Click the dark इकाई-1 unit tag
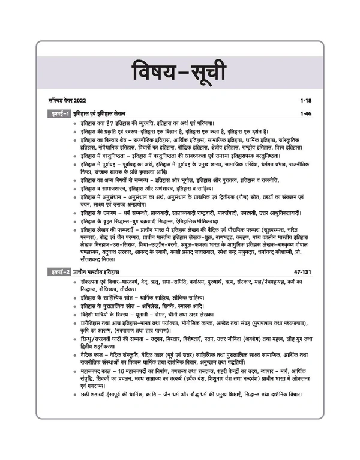60,113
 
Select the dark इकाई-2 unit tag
60,256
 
